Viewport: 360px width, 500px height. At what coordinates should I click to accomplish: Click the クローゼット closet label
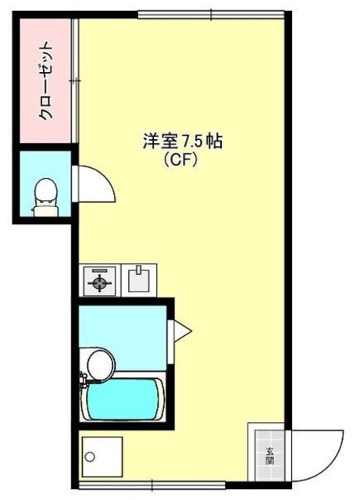click(x=47, y=81)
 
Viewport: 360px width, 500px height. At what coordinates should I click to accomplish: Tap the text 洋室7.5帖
click(x=183, y=142)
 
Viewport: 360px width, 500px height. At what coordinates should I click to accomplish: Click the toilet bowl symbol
click(x=47, y=191)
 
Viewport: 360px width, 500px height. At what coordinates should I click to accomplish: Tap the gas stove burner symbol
click(x=100, y=281)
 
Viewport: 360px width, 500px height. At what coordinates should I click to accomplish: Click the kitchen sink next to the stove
click(x=139, y=279)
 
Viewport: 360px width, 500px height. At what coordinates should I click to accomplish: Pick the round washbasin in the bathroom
click(x=98, y=363)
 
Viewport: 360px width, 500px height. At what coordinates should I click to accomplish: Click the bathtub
click(x=125, y=398)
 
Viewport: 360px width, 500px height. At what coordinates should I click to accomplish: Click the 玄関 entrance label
click(x=269, y=456)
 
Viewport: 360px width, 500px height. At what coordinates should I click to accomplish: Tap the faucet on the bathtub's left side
click(x=83, y=384)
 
